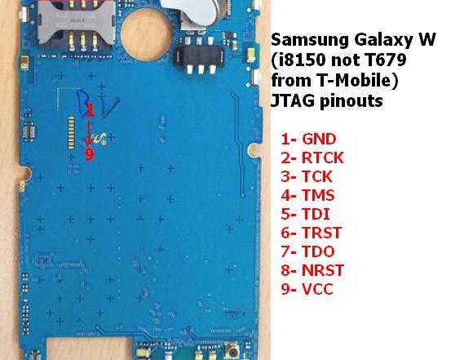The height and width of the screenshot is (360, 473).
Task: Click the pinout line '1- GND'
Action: pyautogui.click(x=308, y=140)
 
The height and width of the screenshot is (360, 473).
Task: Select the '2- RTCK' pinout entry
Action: pyautogui.click(x=312, y=158)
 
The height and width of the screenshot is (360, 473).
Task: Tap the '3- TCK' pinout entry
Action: pyautogui.click(x=307, y=176)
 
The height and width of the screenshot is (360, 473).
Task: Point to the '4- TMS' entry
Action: pyautogui.click(x=307, y=195)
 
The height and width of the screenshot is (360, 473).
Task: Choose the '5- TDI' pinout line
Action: pyautogui.click(x=305, y=214)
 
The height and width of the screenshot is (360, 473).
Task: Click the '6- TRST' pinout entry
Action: pyautogui.click(x=312, y=233)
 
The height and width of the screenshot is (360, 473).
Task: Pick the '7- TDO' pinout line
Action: pyautogui.click(x=307, y=251)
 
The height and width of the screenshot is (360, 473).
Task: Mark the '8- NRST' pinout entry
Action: pyautogui.click(x=312, y=270)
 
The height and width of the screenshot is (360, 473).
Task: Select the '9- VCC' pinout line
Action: pyautogui.click(x=307, y=289)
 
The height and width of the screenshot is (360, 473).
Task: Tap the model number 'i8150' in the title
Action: pyautogui.click(x=301, y=60)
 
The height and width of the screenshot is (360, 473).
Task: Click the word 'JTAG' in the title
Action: pyautogui.click(x=292, y=100)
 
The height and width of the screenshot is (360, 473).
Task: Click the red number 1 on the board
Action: pyautogui.click(x=91, y=110)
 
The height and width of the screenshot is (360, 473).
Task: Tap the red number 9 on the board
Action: pyautogui.click(x=89, y=154)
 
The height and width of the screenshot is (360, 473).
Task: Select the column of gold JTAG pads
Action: pyautogui.click(x=71, y=133)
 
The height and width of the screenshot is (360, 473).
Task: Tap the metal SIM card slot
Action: pyautogui.click(x=76, y=24)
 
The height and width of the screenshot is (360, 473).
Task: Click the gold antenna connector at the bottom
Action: pyautogui.click(x=232, y=351)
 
